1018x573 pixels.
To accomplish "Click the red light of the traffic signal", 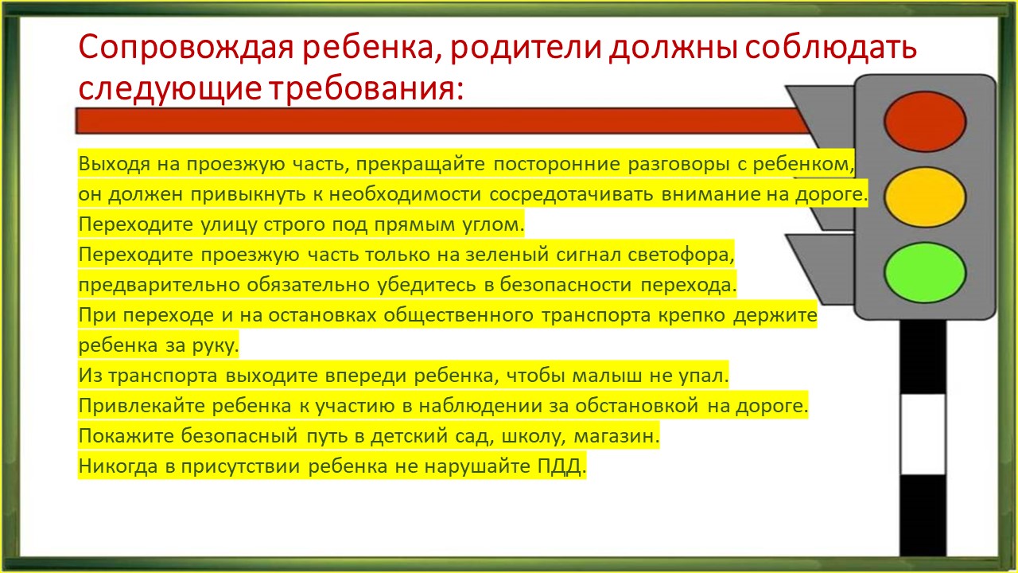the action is point(925,122).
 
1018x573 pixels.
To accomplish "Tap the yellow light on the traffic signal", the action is point(925,197).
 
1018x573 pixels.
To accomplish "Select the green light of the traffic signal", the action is point(925,272).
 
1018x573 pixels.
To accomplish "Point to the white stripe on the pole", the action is point(923,435).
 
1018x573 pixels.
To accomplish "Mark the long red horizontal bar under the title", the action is point(443,121).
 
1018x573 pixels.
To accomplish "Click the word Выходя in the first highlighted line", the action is point(114,164).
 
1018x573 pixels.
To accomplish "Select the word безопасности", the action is point(565,285).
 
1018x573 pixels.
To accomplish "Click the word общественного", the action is point(458,315).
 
